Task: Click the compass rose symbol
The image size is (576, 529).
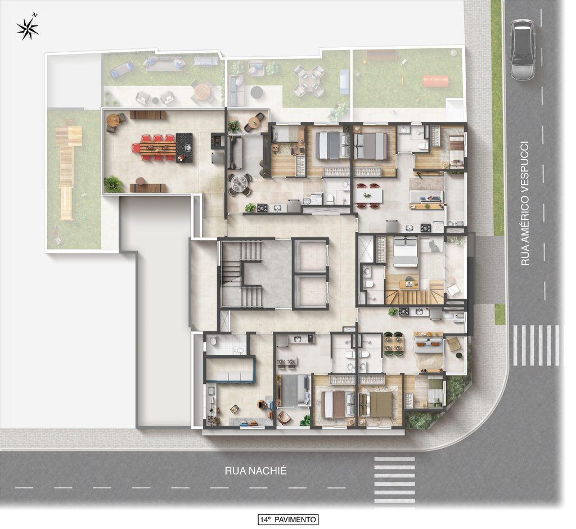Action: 28,28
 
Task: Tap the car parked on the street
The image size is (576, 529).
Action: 523,50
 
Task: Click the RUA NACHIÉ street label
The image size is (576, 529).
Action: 255,471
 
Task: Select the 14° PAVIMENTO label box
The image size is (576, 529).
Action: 288,519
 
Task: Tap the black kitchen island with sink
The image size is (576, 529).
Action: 184,148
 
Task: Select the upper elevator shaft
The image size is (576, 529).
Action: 310,255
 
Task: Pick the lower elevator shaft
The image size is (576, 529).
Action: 310,291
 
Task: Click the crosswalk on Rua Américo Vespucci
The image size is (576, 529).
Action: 536,345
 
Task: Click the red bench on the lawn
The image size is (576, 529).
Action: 436,81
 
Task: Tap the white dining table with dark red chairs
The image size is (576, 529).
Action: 368,196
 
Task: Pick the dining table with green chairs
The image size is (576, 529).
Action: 394,345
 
